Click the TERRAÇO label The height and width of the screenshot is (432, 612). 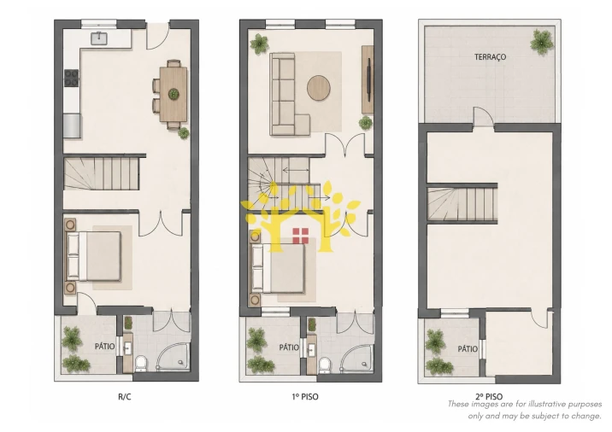490,57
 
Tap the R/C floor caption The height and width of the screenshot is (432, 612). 125,397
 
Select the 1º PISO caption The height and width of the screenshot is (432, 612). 305,397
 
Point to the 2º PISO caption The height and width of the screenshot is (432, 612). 489,397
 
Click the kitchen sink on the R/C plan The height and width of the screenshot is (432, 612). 99,38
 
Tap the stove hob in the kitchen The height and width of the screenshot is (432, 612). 72,78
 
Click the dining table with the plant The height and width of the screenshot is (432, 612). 174,95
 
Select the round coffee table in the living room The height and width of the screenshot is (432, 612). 319,88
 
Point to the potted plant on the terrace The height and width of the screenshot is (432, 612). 542,42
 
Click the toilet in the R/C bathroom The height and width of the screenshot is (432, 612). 141,364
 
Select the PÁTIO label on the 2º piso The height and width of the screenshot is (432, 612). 468,349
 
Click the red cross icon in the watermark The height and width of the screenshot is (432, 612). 301,236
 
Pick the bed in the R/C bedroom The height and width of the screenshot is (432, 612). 94,256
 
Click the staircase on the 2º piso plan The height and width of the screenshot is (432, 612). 462,203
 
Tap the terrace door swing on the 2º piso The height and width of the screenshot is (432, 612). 483,116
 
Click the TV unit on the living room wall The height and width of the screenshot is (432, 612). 368,79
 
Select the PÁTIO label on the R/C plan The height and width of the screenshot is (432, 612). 104,347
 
